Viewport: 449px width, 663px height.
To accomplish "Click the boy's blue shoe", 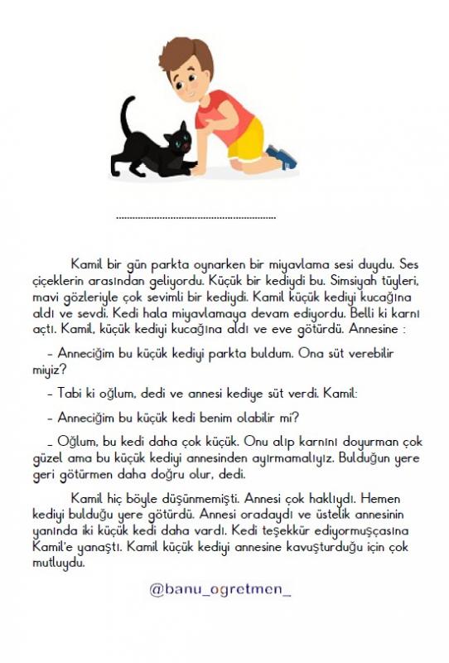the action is pos(281,156).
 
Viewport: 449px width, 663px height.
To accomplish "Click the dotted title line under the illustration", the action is pos(196,218).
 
